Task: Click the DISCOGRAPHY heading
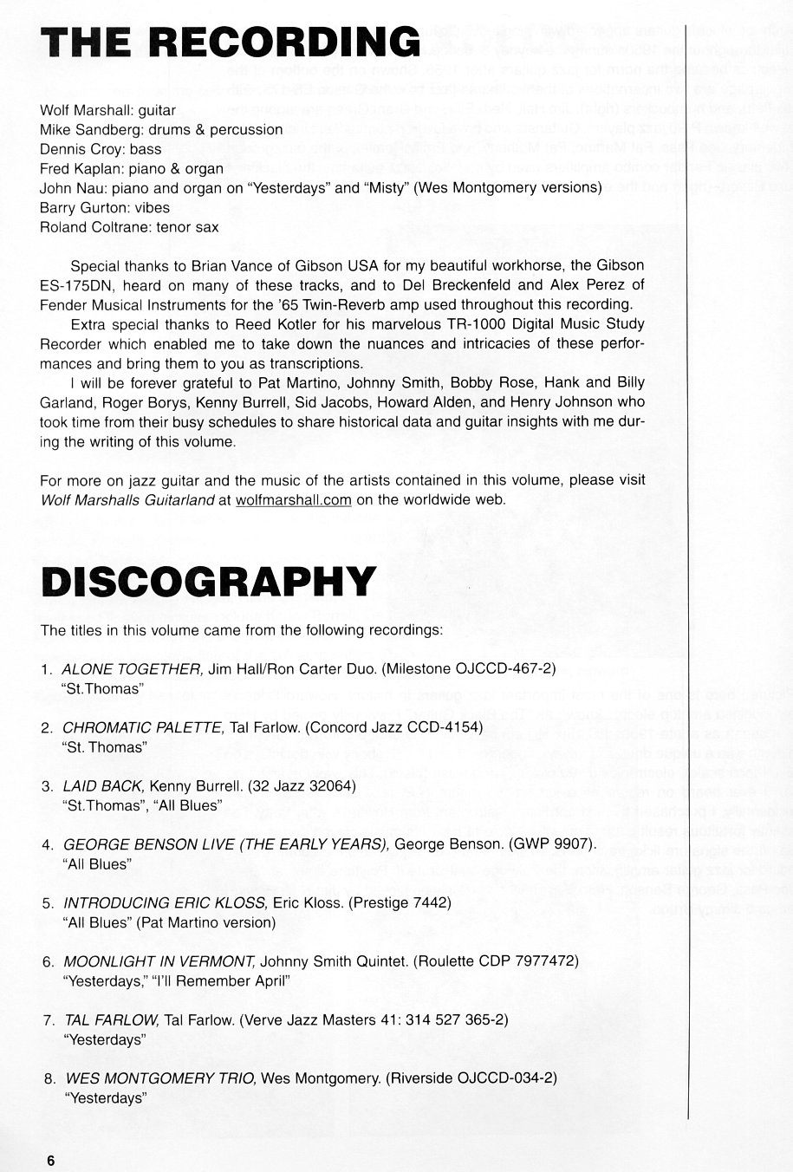[209, 582]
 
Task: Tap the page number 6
[51, 1161]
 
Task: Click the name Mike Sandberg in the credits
[82, 130]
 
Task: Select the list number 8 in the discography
[49, 1079]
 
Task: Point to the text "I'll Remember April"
[221, 980]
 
